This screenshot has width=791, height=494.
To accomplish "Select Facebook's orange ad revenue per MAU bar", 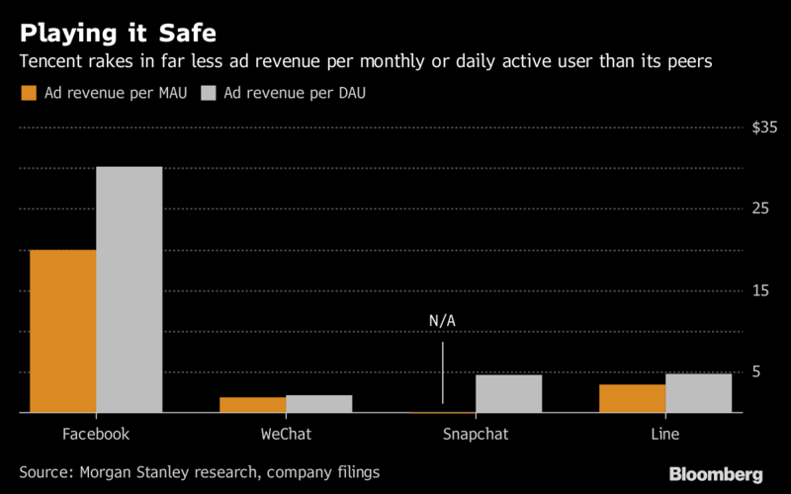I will (63, 331).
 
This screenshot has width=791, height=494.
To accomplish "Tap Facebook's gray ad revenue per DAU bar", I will (130, 289).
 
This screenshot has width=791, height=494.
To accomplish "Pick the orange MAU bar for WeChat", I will (253, 405).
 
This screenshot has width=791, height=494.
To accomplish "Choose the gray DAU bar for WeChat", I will (319, 404).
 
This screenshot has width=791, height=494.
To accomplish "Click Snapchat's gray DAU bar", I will (508, 393).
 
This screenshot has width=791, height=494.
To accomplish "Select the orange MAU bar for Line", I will (633, 398).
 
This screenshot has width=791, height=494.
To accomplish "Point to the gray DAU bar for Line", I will (698, 393).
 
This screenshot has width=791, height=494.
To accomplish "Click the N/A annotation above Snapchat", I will (442, 322).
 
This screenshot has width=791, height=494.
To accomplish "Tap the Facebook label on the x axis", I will (96, 435).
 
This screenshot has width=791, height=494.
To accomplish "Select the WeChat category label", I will (286, 435).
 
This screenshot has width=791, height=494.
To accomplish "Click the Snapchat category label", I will (476, 435).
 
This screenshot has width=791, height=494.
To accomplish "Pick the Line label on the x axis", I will (665, 435).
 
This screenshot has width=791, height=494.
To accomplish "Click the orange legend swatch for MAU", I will (28, 94).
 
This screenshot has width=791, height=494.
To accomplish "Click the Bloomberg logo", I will (716, 475).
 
